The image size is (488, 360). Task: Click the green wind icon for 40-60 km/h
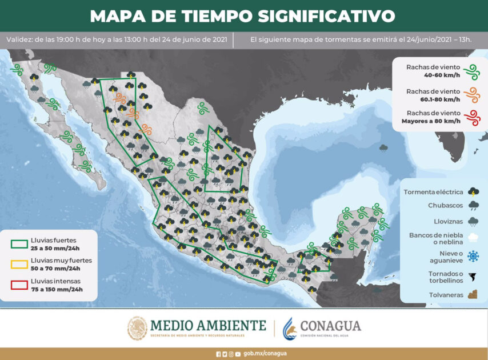(471, 71)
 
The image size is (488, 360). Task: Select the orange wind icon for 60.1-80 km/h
(471, 95)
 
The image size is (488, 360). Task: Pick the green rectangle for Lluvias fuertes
(19, 244)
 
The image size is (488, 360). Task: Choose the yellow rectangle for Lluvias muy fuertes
(19, 264)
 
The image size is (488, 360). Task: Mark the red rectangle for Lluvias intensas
(19, 285)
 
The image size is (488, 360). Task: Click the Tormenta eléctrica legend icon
(473, 191)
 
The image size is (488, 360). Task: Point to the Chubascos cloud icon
(473, 206)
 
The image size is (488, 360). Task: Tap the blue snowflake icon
(473, 257)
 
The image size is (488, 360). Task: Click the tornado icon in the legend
(473, 278)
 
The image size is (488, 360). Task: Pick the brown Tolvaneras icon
(473, 295)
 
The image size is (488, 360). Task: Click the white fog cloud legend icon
(473, 238)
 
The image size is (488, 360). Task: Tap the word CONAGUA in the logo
(330, 326)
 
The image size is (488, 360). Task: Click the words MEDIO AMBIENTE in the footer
(208, 325)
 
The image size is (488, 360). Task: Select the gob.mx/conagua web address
(264, 354)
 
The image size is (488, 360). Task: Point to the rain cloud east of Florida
(383, 148)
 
